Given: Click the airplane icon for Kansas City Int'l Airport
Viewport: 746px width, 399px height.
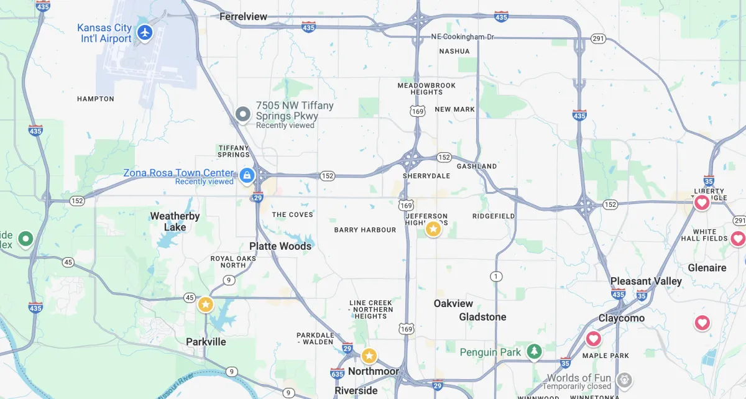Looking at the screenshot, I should click(x=145, y=32).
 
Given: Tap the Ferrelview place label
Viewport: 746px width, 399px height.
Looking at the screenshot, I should click(x=242, y=17).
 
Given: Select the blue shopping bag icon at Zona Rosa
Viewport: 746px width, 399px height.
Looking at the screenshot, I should click(x=247, y=176).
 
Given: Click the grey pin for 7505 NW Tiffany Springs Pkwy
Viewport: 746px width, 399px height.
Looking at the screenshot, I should click(x=243, y=114).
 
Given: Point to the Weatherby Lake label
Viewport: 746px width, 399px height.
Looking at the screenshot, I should click(x=175, y=221).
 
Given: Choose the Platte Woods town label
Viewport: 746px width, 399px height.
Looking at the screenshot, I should click(x=280, y=246).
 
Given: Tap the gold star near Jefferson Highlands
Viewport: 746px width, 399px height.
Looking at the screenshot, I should click(x=433, y=229).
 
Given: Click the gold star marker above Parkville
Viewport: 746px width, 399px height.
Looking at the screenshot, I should click(x=205, y=305).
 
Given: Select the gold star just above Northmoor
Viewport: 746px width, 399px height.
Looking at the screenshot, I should click(x=369, y=356).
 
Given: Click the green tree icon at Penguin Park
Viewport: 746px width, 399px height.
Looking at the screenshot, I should click(x=534, y=352).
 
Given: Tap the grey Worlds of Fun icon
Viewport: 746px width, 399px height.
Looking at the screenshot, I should click(x=624, y=379).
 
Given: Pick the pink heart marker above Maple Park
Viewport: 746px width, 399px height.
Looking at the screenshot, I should click(x=594, y=339).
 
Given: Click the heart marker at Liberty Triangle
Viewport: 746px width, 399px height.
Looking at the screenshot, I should click(x=702, y=203).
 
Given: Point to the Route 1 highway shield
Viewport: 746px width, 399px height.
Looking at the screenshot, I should click(x=495, y=276).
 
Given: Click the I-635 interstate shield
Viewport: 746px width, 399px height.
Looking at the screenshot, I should click(x=338, y=373).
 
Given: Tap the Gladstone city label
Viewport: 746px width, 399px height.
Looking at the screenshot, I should click(x=482, y=317).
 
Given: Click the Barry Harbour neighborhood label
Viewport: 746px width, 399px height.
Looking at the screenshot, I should click(x=365, y=230).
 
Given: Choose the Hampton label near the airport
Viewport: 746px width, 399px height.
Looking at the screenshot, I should click(x=96, y=99).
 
